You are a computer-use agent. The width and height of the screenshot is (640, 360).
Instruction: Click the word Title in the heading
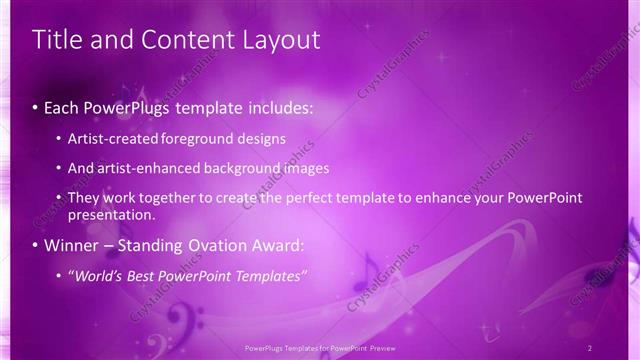point(57,40)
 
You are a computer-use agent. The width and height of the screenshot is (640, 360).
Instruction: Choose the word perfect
point(316,198)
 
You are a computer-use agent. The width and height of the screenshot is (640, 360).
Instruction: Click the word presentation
point(112,215)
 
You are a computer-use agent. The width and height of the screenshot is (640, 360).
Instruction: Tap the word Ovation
point(237,245)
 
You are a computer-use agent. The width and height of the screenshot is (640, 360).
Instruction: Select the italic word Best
point(144,275)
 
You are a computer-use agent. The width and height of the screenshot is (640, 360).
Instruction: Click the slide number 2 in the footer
point(590,347)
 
